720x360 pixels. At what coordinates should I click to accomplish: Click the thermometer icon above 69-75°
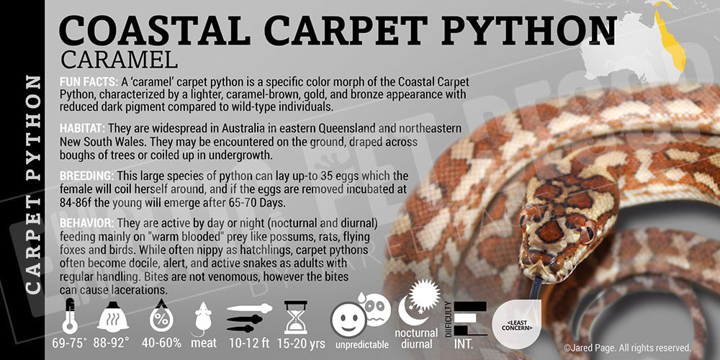point(70,317)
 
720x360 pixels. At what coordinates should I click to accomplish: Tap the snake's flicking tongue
point(537,288)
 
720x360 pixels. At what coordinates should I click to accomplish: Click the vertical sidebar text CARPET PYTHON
point(32,184)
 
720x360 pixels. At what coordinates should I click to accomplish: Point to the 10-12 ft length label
point(250,343)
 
